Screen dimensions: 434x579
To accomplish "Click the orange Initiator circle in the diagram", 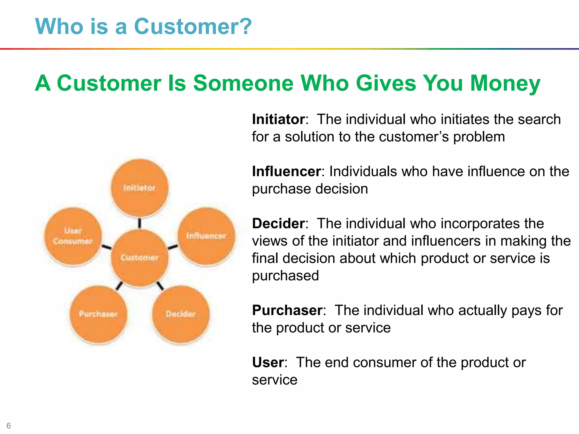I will pyautogui.click(x=139, y=188).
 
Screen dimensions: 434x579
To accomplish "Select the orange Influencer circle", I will pyautogui.click(x=206, y=236).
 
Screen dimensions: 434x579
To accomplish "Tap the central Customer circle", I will pyautogui.click(x=139, y=258).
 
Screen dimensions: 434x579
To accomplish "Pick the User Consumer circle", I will pyautogui.click(x=73, y=237).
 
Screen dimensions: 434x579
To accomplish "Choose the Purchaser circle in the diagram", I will pyautogui.click(x=98, y=314).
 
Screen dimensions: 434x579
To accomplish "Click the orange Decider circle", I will pyautogui.click(x=181, y=314).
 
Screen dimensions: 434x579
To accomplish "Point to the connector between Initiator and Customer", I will pyautogui.click(x=139, y=223).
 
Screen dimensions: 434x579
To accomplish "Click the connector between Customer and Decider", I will pyautogui.click(x=160, y=286).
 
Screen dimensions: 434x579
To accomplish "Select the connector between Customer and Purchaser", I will pyautogui.click(x=119, y=286).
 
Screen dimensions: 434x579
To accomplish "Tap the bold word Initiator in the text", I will pyautogui.click(x=278, y=120).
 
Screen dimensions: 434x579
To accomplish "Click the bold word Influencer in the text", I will pyautogui.click(x=286, y=172).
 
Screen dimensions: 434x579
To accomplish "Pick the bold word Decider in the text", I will pyautogui.click(x=278, y=223).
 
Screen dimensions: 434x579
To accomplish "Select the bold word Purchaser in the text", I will pyautogui.click(x=287, y=310).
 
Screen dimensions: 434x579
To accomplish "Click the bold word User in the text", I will pyautogui.click(x=268, y=363).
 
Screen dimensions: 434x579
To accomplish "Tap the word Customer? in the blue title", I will pyautogui.click(x=193, y=27).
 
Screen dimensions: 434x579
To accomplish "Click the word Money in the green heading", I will pyautogui.click(x=505, y=83).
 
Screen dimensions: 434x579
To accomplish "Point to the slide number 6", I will pyautogui.click(x=8, y=426).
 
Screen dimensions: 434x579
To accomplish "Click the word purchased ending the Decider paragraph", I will pyautogui.click(x=285, y=276).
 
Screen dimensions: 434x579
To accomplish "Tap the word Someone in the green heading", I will pyautogui.click(x=243, y=83).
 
